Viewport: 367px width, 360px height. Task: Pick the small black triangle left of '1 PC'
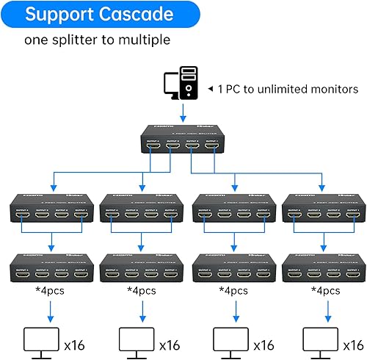coord(211,89)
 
